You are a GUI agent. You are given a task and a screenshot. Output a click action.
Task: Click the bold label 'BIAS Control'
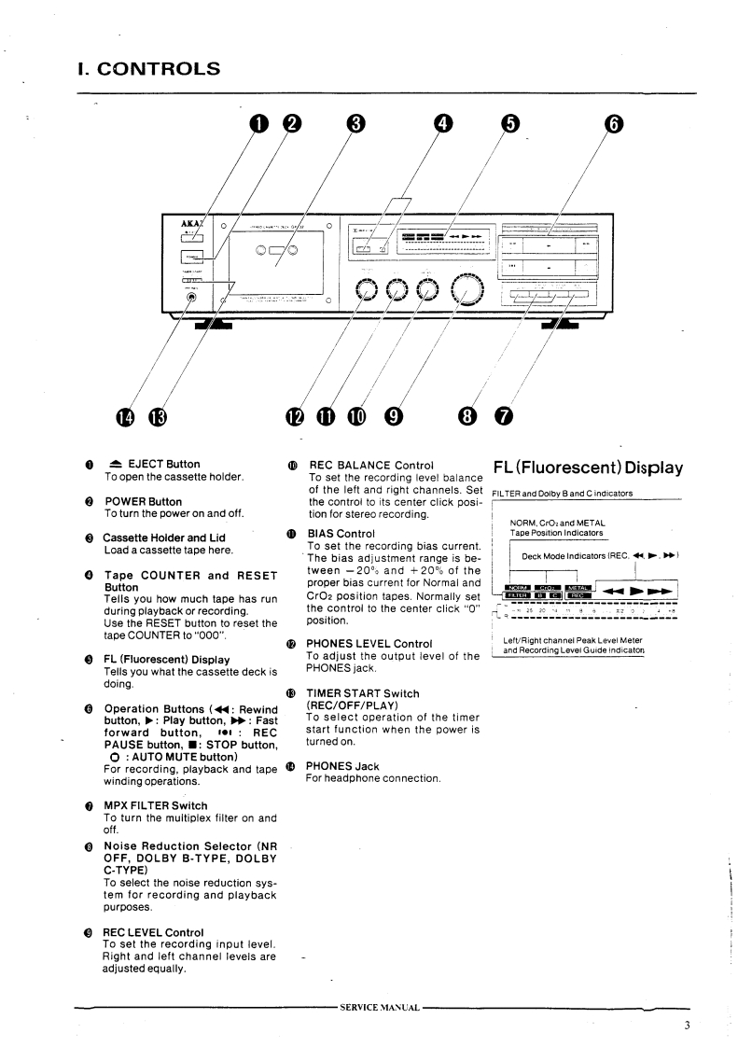point(341,534)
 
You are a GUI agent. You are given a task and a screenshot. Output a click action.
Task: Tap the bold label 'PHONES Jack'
point(342,766)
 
